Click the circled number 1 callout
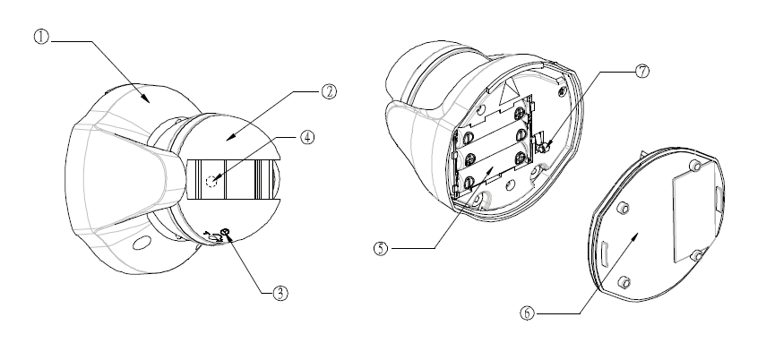(41, 37)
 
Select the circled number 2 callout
(330, 91)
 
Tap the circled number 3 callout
(280, 293)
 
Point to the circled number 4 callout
(306, 137)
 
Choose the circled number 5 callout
(381, 248)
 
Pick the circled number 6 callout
(527, 313)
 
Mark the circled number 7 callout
(642, 72)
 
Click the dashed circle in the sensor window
(212, 181)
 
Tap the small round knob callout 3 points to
(225, 232)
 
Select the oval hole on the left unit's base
(142, 243)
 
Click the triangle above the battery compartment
(507, 93)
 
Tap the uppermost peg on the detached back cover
(695, 166)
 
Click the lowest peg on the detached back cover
(624, 282)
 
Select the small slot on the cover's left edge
(605, 254)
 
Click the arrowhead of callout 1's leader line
(148, 100)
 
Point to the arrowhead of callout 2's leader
(228, 139)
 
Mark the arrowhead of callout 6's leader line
(635, 236)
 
